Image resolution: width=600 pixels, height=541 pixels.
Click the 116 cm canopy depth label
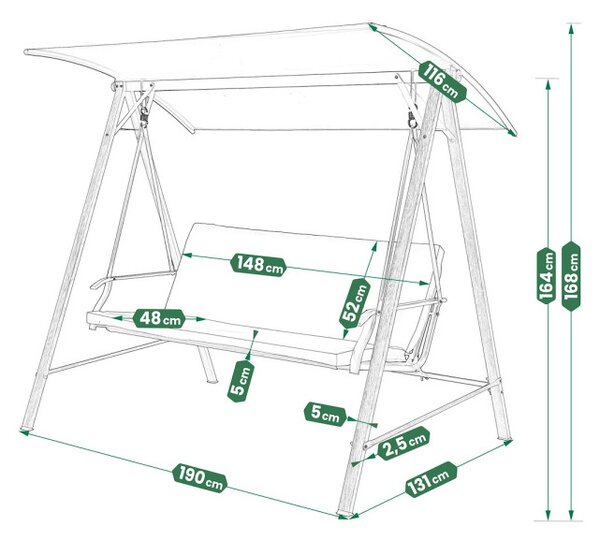tap(443, 82)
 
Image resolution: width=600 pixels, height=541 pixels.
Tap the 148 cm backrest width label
tap(259, 264)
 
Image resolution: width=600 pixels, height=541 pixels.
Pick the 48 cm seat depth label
tap(159, 318)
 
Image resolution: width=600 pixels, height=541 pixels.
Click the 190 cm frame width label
tap(200, 478)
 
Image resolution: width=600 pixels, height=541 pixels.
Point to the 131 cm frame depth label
tap(431, 479)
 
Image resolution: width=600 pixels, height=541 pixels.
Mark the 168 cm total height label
tap(571, 275)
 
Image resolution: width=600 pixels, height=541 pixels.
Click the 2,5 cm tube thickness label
tap(403, 443)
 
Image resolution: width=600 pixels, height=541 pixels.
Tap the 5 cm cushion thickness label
tap(240, 381)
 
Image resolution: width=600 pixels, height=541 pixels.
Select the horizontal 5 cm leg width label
tap(325, 413)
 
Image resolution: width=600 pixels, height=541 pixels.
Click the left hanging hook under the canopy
tap(144, 115)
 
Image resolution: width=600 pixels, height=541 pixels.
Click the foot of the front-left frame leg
tap(27, 424)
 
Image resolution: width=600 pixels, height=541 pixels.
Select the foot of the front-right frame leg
tap(346, 512)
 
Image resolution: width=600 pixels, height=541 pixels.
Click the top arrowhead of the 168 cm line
tap(571, 28)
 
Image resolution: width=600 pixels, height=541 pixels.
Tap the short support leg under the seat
tap(208, 364)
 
